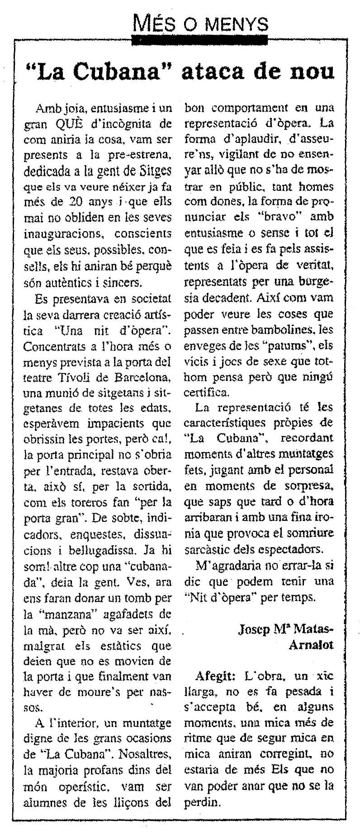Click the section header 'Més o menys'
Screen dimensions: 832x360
(201, 21)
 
